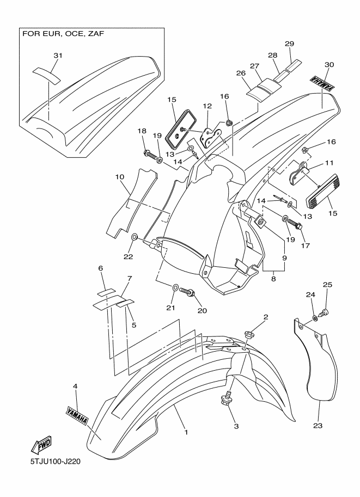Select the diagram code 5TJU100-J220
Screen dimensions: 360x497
[56, 461]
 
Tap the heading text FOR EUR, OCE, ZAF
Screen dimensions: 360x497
[63, 34]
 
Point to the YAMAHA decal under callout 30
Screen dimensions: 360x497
[322, 83]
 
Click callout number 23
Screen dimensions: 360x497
[318, 426]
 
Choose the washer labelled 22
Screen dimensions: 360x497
[134, 237]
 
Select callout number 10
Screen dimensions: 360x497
[120, 177]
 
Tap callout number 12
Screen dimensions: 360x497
[207, 106]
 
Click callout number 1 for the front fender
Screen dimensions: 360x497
[186, 432]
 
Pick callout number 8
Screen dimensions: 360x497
[273, 279]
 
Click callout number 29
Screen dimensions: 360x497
[289, 44]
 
